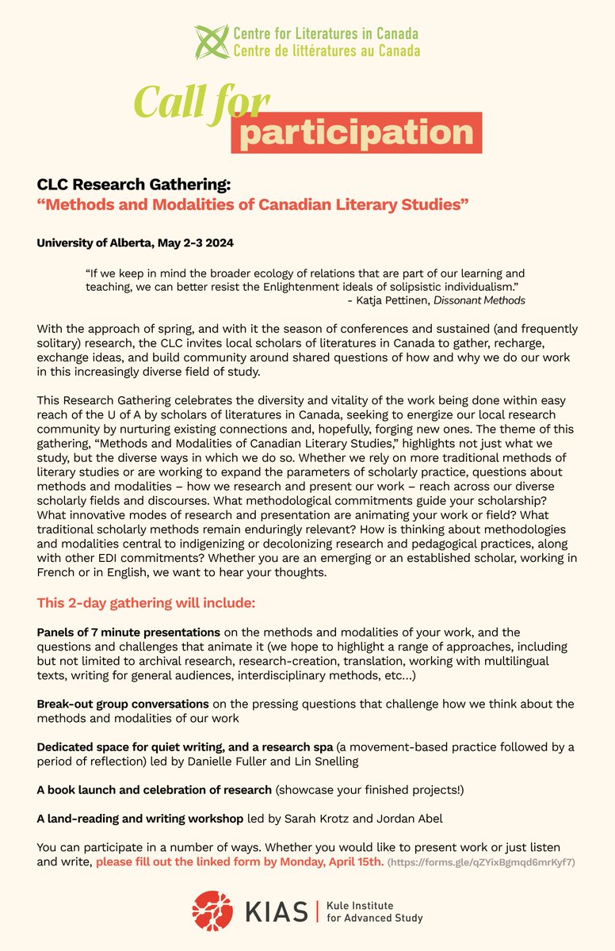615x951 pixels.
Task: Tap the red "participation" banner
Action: (357, 132)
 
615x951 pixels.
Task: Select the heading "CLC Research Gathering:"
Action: (134, 185)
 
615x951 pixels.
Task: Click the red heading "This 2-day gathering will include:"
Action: (146, 604)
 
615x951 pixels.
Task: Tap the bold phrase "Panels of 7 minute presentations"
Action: (128, 632)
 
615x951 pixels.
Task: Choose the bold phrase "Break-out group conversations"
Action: (123, 704)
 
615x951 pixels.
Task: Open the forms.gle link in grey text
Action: (482, 861)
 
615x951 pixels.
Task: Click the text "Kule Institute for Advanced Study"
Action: (375, 911)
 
